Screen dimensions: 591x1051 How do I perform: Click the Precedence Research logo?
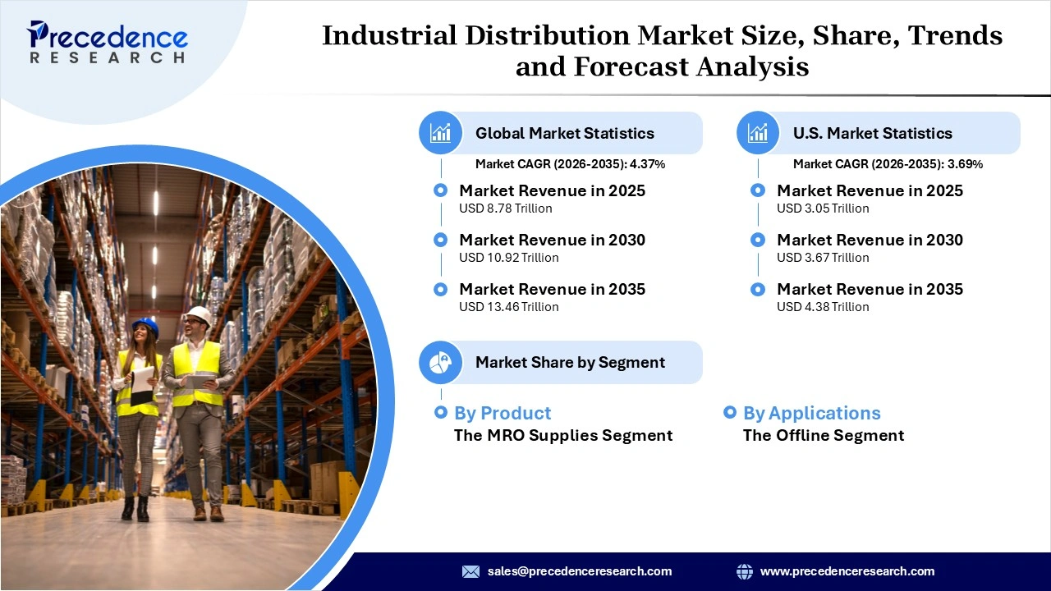click(108, 42)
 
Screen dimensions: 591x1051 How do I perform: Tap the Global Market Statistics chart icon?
click(441, 133)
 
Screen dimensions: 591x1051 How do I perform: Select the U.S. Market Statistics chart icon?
click(758, 133)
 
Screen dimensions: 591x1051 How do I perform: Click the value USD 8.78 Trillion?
click(505, 208)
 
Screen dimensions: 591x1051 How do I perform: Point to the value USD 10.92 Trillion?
click(508, 258)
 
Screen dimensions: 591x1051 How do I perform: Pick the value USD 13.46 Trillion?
click(508, 307)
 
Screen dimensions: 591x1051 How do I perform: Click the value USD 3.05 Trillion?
click(823, 208)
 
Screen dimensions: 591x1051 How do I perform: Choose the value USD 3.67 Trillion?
click(823, 258)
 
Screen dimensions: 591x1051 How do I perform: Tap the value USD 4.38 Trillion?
click(823, 307)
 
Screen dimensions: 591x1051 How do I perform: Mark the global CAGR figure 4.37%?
click(647, 164)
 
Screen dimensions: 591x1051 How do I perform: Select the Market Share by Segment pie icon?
click(441, 362)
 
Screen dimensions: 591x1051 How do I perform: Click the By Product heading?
click(503, 413)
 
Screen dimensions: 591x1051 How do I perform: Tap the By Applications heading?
click(811, 413)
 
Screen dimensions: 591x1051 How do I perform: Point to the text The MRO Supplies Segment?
click(563, 435)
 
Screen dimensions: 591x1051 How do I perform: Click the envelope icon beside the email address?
click(470, 571)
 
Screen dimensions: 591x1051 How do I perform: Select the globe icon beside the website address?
click(745, 571)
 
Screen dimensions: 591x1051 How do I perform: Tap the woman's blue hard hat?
click(145, 326)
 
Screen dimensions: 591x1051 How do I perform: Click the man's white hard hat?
click(199, 314)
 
